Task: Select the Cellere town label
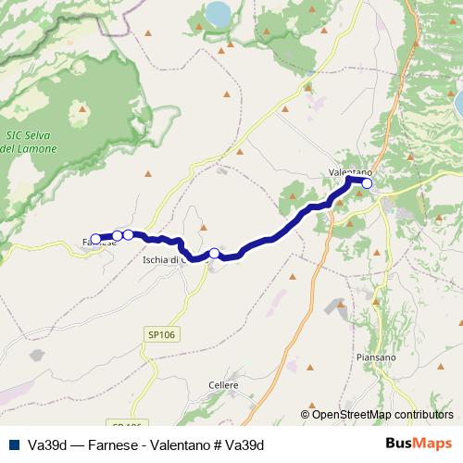coord(224,384)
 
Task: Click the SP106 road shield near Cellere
coord(160,333)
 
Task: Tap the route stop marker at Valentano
coord(367,183)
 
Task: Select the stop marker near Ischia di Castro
coord(214,254)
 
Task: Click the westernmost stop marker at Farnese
coord(95,239)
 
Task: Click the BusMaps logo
coord(419,444)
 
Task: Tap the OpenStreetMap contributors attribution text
coord(377,415)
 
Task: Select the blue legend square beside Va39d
coord(13,444)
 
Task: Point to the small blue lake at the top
coord(219,14)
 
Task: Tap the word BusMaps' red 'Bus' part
coord(401,444)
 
